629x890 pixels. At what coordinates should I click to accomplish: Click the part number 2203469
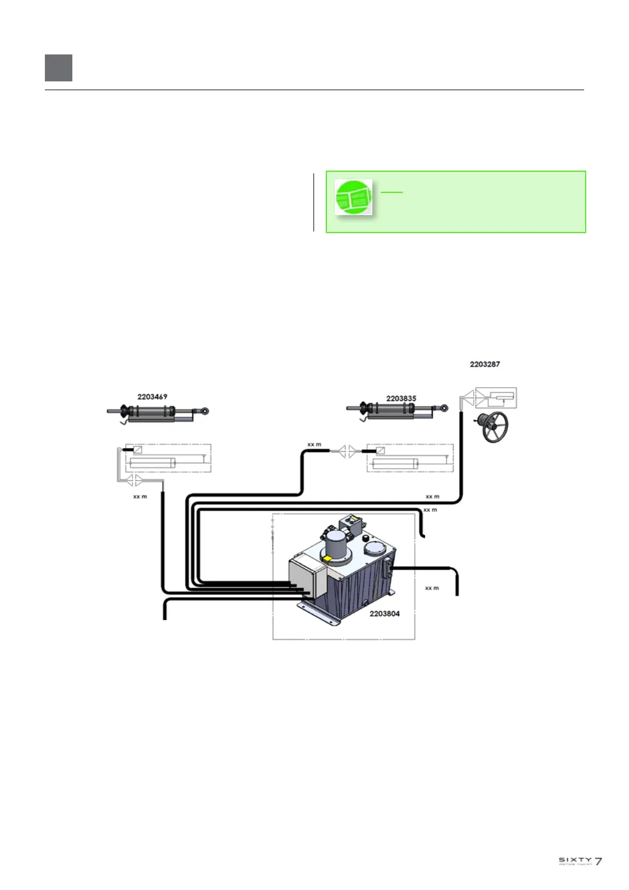152,397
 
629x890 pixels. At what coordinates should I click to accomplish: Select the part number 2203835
401,398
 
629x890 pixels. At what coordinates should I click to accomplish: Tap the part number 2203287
485,364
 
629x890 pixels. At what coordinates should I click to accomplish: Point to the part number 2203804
384,614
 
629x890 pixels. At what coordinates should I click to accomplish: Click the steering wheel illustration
495,427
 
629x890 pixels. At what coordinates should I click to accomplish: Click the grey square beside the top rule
59,68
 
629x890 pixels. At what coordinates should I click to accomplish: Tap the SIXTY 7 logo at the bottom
580,861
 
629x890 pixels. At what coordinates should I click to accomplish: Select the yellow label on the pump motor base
327,559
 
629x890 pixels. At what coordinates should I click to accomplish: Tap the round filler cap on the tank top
376,547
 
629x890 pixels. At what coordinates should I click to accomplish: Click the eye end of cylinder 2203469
203,410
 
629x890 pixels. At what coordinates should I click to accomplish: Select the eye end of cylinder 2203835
444,408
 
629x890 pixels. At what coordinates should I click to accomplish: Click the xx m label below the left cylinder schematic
140,497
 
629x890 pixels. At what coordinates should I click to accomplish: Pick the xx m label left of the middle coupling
314,444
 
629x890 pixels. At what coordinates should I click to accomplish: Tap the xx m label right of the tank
432,588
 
